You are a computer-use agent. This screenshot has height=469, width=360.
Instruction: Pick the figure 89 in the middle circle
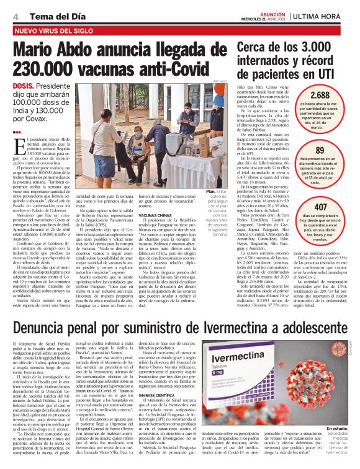point(320,150)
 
